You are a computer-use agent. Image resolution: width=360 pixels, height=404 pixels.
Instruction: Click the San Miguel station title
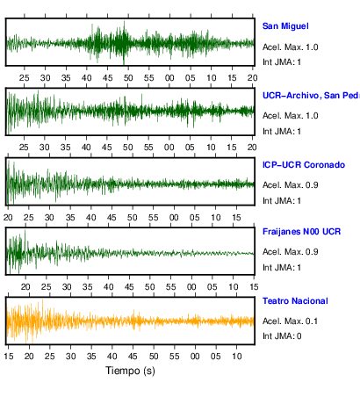(x=285, y=26)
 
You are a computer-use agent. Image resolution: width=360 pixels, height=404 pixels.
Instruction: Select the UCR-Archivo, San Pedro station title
(x=311, y=96)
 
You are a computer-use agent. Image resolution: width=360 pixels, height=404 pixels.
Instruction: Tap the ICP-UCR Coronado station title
(x=304, y=165)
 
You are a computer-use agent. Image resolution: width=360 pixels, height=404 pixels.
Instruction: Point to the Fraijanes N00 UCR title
(x=301, y=232)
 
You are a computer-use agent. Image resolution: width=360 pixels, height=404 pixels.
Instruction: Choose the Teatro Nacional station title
(x=295, y=301)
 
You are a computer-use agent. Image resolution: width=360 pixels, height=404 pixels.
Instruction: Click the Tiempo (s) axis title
(x=130, y=371)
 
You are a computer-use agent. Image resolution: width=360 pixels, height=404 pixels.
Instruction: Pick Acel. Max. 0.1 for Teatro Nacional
(x=290, y=321)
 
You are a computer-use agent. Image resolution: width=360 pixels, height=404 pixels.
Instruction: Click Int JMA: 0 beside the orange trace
(x=282, y=335)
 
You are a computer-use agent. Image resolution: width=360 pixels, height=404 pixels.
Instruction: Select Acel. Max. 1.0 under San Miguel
(x=290, y=47)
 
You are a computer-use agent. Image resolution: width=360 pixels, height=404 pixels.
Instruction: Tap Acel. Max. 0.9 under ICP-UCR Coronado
(x=290, y=185)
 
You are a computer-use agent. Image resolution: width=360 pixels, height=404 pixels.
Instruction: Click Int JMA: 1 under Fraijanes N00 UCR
(x=282, y=268)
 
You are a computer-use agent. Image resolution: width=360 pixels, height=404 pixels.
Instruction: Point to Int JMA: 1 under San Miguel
(x=282, y=62)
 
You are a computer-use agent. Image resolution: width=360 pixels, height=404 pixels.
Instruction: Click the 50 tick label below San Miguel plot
(x=128, y=78)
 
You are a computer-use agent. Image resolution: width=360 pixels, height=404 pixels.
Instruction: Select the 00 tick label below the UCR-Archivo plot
(x=169, y=148)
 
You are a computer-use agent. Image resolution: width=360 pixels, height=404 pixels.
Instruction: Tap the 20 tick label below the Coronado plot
(x=8, y=218)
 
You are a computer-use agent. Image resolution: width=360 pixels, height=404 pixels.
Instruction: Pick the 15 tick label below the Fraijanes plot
(x=254, y=286)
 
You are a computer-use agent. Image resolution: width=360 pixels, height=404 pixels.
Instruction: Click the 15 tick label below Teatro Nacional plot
(x=9, y=357)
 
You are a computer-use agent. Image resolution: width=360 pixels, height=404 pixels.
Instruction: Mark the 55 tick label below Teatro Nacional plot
(x=175, y=357)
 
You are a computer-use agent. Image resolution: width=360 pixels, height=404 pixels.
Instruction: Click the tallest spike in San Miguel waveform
(x=124, y=42)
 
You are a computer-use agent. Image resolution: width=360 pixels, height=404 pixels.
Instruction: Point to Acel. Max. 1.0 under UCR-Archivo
(x=290, y=116)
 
